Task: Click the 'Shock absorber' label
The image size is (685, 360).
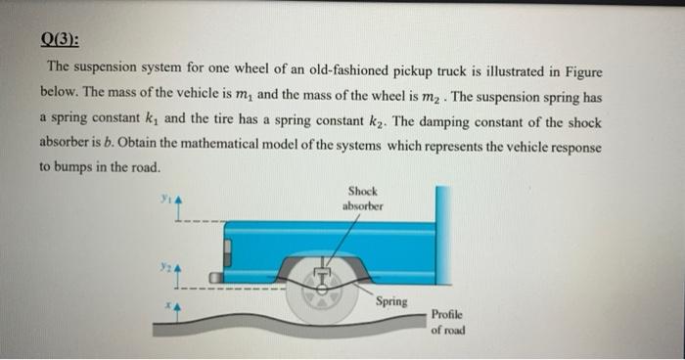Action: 362,199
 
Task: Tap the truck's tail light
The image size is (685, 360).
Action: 232,254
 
